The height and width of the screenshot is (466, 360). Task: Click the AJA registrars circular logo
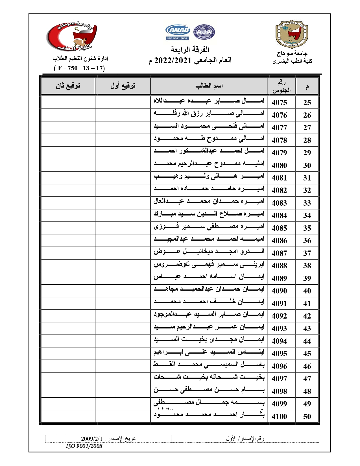(x=204, y=32)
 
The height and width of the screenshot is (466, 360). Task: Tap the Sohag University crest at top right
(x=292, y=34)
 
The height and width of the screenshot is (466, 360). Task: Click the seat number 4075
(x=279, y=103)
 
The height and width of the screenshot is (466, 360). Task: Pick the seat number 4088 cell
(x=279, y=266)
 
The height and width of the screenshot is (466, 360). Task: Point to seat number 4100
(x=279, y=416)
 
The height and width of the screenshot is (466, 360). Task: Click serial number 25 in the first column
(x=307, y=103)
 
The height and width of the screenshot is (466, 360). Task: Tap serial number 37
(x=307, y=253)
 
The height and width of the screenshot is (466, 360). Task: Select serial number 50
(x=307, y=416)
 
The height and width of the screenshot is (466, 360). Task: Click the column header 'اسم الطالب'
(x=209, y=86)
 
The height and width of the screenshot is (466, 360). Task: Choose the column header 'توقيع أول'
(x=123, y=86)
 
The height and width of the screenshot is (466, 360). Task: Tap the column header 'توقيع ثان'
(x=68, y=86)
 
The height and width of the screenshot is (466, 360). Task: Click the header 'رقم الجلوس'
(x=281, y=86)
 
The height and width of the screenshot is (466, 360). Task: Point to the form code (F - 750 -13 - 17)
(x=79, y=68)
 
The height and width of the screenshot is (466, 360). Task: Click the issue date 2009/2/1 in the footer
(x=91, y=439)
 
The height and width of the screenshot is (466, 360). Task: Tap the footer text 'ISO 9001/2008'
(x=84, y=446)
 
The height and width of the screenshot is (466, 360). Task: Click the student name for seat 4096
(x=209, y=365)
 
